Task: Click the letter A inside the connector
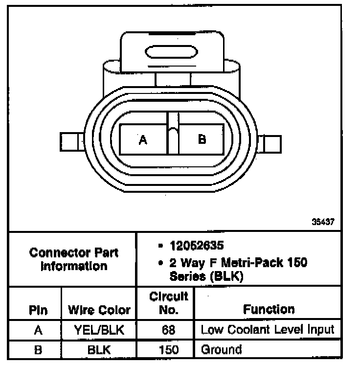tap(143, 140)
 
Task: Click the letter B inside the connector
tap(202, 139)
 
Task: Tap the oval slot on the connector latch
tap(171, 52)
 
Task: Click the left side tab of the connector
tap(72, 142)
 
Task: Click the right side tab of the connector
tap(270, 144)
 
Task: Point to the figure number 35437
tap(323, 222)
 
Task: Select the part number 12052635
tap(197, 246)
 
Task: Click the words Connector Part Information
tap(74, 259)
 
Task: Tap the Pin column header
tap(38, 310)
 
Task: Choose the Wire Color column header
tap(99, 310)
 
